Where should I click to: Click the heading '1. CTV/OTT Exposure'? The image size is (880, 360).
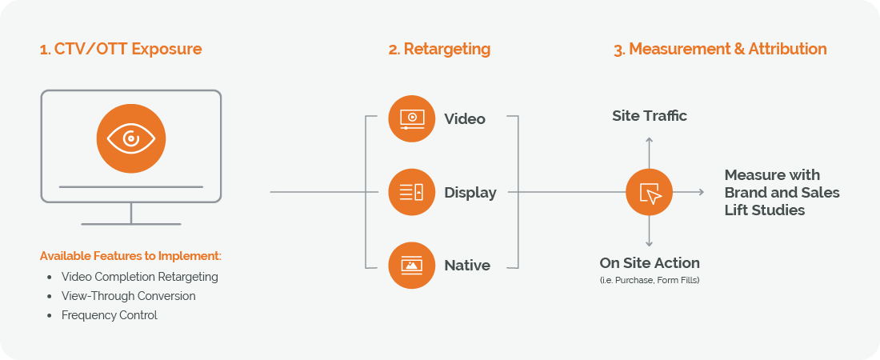coord(121,49)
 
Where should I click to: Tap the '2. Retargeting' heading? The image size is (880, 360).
coord(439,49)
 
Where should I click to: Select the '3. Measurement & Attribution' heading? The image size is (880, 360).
coord(720,49)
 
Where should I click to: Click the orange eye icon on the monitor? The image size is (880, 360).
coord(131,138)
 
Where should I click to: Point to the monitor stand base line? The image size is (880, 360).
coord(131,224)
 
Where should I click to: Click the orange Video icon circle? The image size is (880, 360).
coord(412,118)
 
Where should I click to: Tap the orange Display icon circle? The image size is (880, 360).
coord(412,192)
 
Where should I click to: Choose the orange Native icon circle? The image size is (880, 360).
coord(412,265)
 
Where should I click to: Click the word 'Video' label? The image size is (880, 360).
coord(465,119)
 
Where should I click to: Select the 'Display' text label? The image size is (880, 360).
coord(470,193)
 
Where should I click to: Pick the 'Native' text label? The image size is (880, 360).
coord(467,266)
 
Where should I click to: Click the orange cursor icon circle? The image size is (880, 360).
coord(649,192)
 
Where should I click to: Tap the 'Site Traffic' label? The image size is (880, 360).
coord(650,116)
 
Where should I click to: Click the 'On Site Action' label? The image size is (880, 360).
coord(650,262)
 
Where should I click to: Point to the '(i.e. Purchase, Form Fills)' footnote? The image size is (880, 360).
coord(650,280)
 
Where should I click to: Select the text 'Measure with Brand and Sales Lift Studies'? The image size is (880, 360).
coord(782,192)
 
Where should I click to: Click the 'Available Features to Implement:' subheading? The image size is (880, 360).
coord(130,256)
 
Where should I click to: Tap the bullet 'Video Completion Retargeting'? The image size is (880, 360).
coord(139,277)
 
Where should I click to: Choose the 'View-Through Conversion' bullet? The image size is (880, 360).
coord(128,296)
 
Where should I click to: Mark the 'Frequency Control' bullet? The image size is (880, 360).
coord(110,315)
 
